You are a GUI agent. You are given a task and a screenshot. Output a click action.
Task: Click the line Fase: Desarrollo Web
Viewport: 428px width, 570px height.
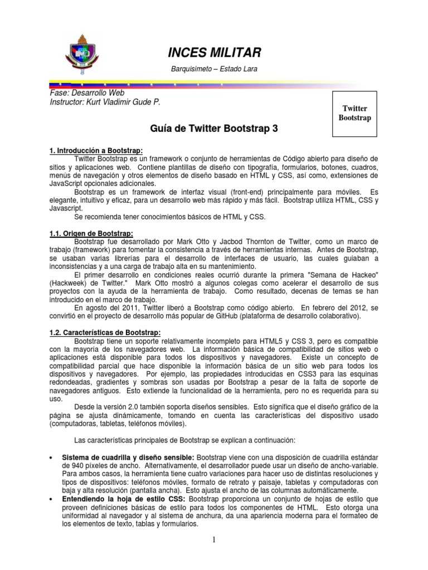pyautogui.click(x=87, y=93)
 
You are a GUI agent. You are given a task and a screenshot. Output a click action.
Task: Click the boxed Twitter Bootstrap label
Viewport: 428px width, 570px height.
pyautogui.click(x=354, y=114)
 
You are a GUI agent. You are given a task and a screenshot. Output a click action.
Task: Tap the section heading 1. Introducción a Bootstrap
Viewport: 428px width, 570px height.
pyautogui.click(x=97, y=151)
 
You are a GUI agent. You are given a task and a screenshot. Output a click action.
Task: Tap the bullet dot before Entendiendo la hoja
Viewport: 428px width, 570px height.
pyautogui.click(x=52, y=500)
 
